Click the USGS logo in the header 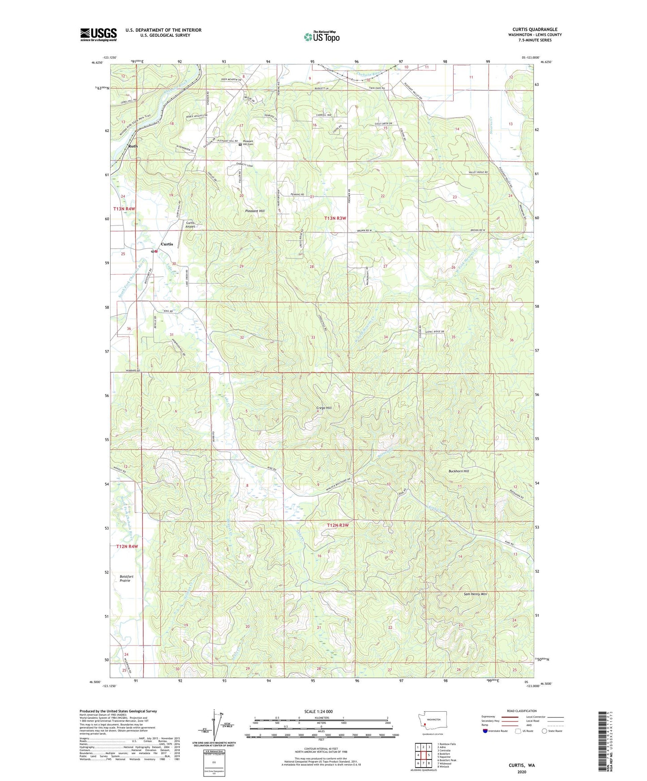click(x=99, y=34)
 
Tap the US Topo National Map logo click(x=321, y=36)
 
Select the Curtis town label click(x=167, y=244)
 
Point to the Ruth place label click(x=133, y=146)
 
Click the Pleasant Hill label click(x=255, y=211)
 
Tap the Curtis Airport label click(x=190, y=225)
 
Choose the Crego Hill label click(x=322, y=408)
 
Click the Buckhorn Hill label click(x=458, y=471)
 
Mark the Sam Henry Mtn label click(x=475, y=594)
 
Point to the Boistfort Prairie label click(x=125, y=578)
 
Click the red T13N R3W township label click(x=335, y=218)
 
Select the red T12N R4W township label click(x=127, y=547)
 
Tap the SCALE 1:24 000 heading click(x=318, y=711)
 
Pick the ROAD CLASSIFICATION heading click(x=522, y=711)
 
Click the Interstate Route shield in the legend click(x=485, y=731)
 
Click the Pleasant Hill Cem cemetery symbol click(x=240, y=144)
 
